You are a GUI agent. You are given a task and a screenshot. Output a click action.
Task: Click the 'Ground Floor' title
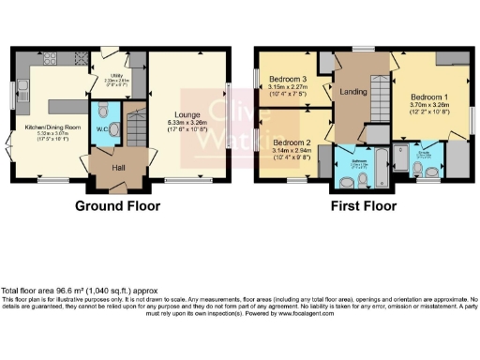[117, 206]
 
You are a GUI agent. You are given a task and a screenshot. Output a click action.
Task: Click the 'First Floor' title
[362, 206]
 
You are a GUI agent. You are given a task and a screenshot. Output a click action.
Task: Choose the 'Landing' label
[352, 91]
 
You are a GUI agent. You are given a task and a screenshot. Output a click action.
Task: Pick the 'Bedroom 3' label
[288, 78]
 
